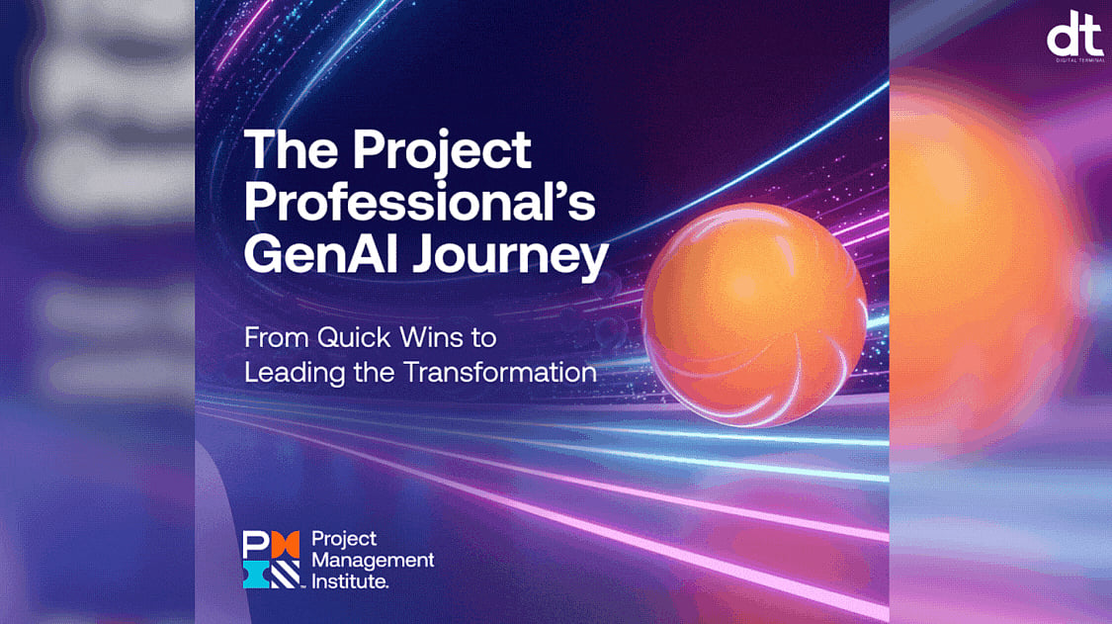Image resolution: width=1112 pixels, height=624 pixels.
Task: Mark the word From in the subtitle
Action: [275, 338]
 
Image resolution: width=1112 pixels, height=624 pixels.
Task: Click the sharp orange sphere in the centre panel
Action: [754, 313]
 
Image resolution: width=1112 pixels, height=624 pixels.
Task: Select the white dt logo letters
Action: [1074, 39]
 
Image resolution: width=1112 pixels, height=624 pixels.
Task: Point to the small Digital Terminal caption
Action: [1074, 61]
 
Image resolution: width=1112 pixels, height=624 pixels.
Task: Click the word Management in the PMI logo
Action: [373, 560]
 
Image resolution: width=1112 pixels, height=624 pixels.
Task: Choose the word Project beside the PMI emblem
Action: [344, 539]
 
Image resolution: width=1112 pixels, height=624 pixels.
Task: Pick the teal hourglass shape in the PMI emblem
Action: [255, 574]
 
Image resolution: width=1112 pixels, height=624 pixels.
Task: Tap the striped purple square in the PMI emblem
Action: [285, 574]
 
